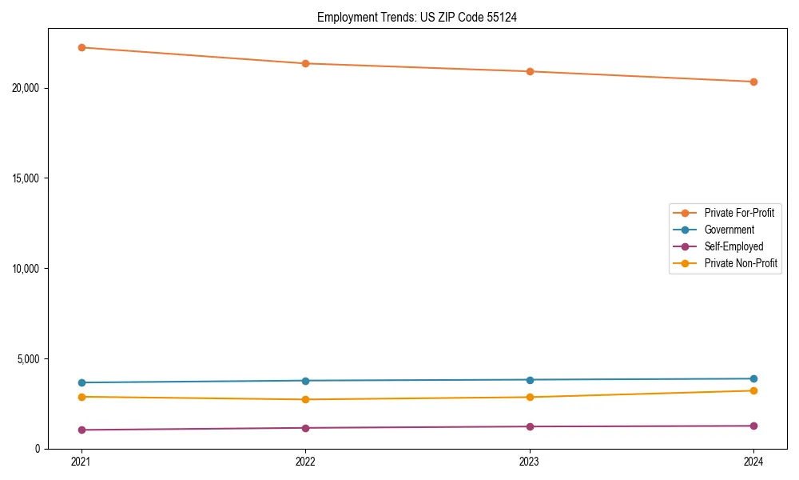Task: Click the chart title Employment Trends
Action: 417,17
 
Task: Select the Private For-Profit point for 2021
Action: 81,47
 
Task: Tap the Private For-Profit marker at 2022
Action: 305,63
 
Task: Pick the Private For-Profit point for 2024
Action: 753,82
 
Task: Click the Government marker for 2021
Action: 81,382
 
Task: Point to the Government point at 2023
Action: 530,380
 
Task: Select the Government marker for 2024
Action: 753,378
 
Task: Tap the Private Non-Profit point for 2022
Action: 305,399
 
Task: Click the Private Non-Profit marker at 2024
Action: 753,390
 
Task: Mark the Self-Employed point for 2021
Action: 81,430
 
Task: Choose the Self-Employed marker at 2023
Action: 530,426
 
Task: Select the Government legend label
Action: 729,230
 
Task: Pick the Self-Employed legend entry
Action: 733,246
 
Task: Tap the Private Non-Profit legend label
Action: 741,263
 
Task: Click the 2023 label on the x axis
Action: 530,462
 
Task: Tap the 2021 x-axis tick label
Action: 81,462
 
